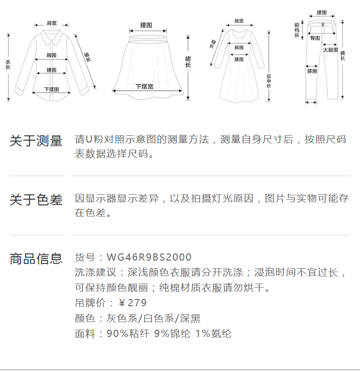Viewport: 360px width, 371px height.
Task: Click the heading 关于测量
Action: (36, 141)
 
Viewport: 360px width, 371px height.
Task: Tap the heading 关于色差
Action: (36, 200)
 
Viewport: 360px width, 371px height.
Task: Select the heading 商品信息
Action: (36, 259)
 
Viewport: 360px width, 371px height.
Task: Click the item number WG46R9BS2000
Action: (149, 257)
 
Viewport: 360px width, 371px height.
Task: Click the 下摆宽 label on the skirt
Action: (144, 86)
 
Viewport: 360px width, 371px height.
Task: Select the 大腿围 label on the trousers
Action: (330, 50)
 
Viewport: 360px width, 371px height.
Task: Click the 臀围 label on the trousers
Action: (315, 37)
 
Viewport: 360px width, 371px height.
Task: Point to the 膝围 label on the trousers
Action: (312, 71)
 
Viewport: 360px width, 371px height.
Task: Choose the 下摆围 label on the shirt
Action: (51, 89)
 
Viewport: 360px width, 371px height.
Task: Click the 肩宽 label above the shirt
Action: (51, 23)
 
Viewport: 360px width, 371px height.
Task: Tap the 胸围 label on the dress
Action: (239, 48)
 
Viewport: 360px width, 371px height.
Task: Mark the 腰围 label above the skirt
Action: (146, 24)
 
